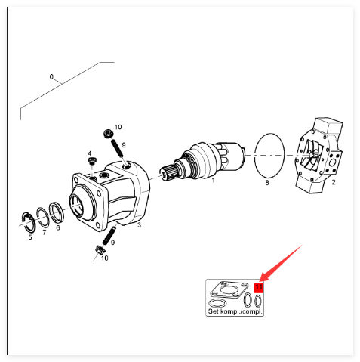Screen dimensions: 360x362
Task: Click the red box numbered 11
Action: (x=259, y=288)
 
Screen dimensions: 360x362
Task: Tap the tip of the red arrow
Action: (x=260, y=281)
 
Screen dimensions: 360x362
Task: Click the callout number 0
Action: (x=51, y=76)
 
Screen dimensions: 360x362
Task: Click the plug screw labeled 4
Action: (x=91, y=160)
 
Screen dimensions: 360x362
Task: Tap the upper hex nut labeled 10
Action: (x=108, y=133)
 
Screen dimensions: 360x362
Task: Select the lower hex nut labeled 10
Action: (x=100, y=250)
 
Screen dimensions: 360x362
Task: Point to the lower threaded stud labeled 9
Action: (x=109, y=237)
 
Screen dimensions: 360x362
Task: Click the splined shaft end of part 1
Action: (x=168, y=172)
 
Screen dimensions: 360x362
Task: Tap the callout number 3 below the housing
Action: (x=140, y=225)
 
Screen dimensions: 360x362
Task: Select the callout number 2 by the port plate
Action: (x=334, y=182)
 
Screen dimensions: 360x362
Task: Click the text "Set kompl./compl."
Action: (x=235, y=311)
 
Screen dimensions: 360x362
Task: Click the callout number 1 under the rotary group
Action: (x=213, y=181)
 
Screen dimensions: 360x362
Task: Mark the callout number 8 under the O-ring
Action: (x=267, y=182)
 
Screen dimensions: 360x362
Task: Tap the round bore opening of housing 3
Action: (x=76, y=206)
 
